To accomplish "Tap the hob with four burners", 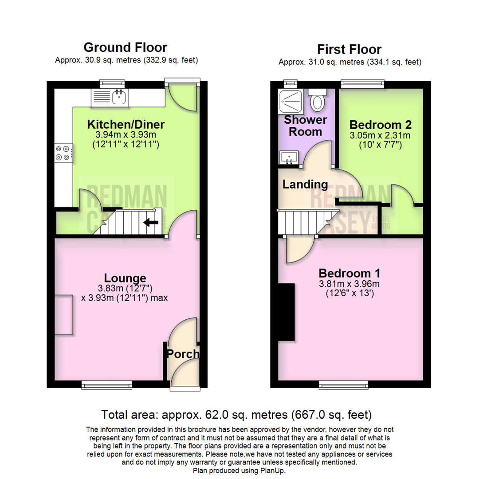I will tap(63, 153).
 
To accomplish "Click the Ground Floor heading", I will tap(125, 47).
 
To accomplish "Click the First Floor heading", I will tap(349, 49).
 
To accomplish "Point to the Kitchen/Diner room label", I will tap(126, 124).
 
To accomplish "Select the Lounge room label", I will tap(125, 278).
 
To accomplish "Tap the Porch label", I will tap(183, 354).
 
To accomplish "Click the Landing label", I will tap(305, 185).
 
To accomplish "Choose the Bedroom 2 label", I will tap(381, 124).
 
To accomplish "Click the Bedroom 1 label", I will tap(349, 273).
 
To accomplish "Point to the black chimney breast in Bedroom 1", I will tap(286, 312).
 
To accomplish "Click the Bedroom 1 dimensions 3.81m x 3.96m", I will tap(349, 284).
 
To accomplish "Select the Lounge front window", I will tap(106, 385).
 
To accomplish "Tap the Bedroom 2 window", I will tap(362, 82).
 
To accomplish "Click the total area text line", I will tap(236, 415).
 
